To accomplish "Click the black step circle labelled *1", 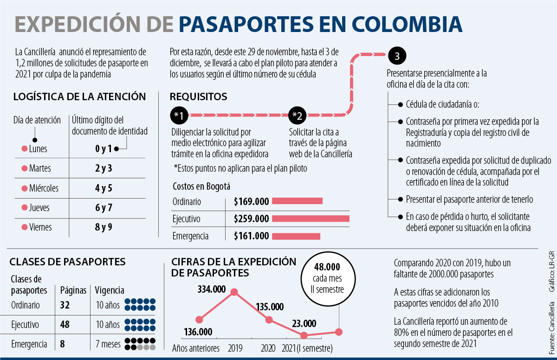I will point(179,115).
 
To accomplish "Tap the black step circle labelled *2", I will point(298,115).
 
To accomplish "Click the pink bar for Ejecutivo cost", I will point(311,219).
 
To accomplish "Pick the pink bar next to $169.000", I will point(297,201).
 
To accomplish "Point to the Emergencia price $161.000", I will point(251,236).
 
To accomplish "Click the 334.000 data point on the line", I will point(234,292).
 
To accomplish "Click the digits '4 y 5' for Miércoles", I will point(104,188).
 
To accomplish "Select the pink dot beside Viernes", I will point(24,227).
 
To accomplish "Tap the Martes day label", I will point(39,168).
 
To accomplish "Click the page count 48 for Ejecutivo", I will point(65,325).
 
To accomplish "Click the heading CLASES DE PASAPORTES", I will point(67,262).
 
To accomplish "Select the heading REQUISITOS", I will point(198,96).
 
